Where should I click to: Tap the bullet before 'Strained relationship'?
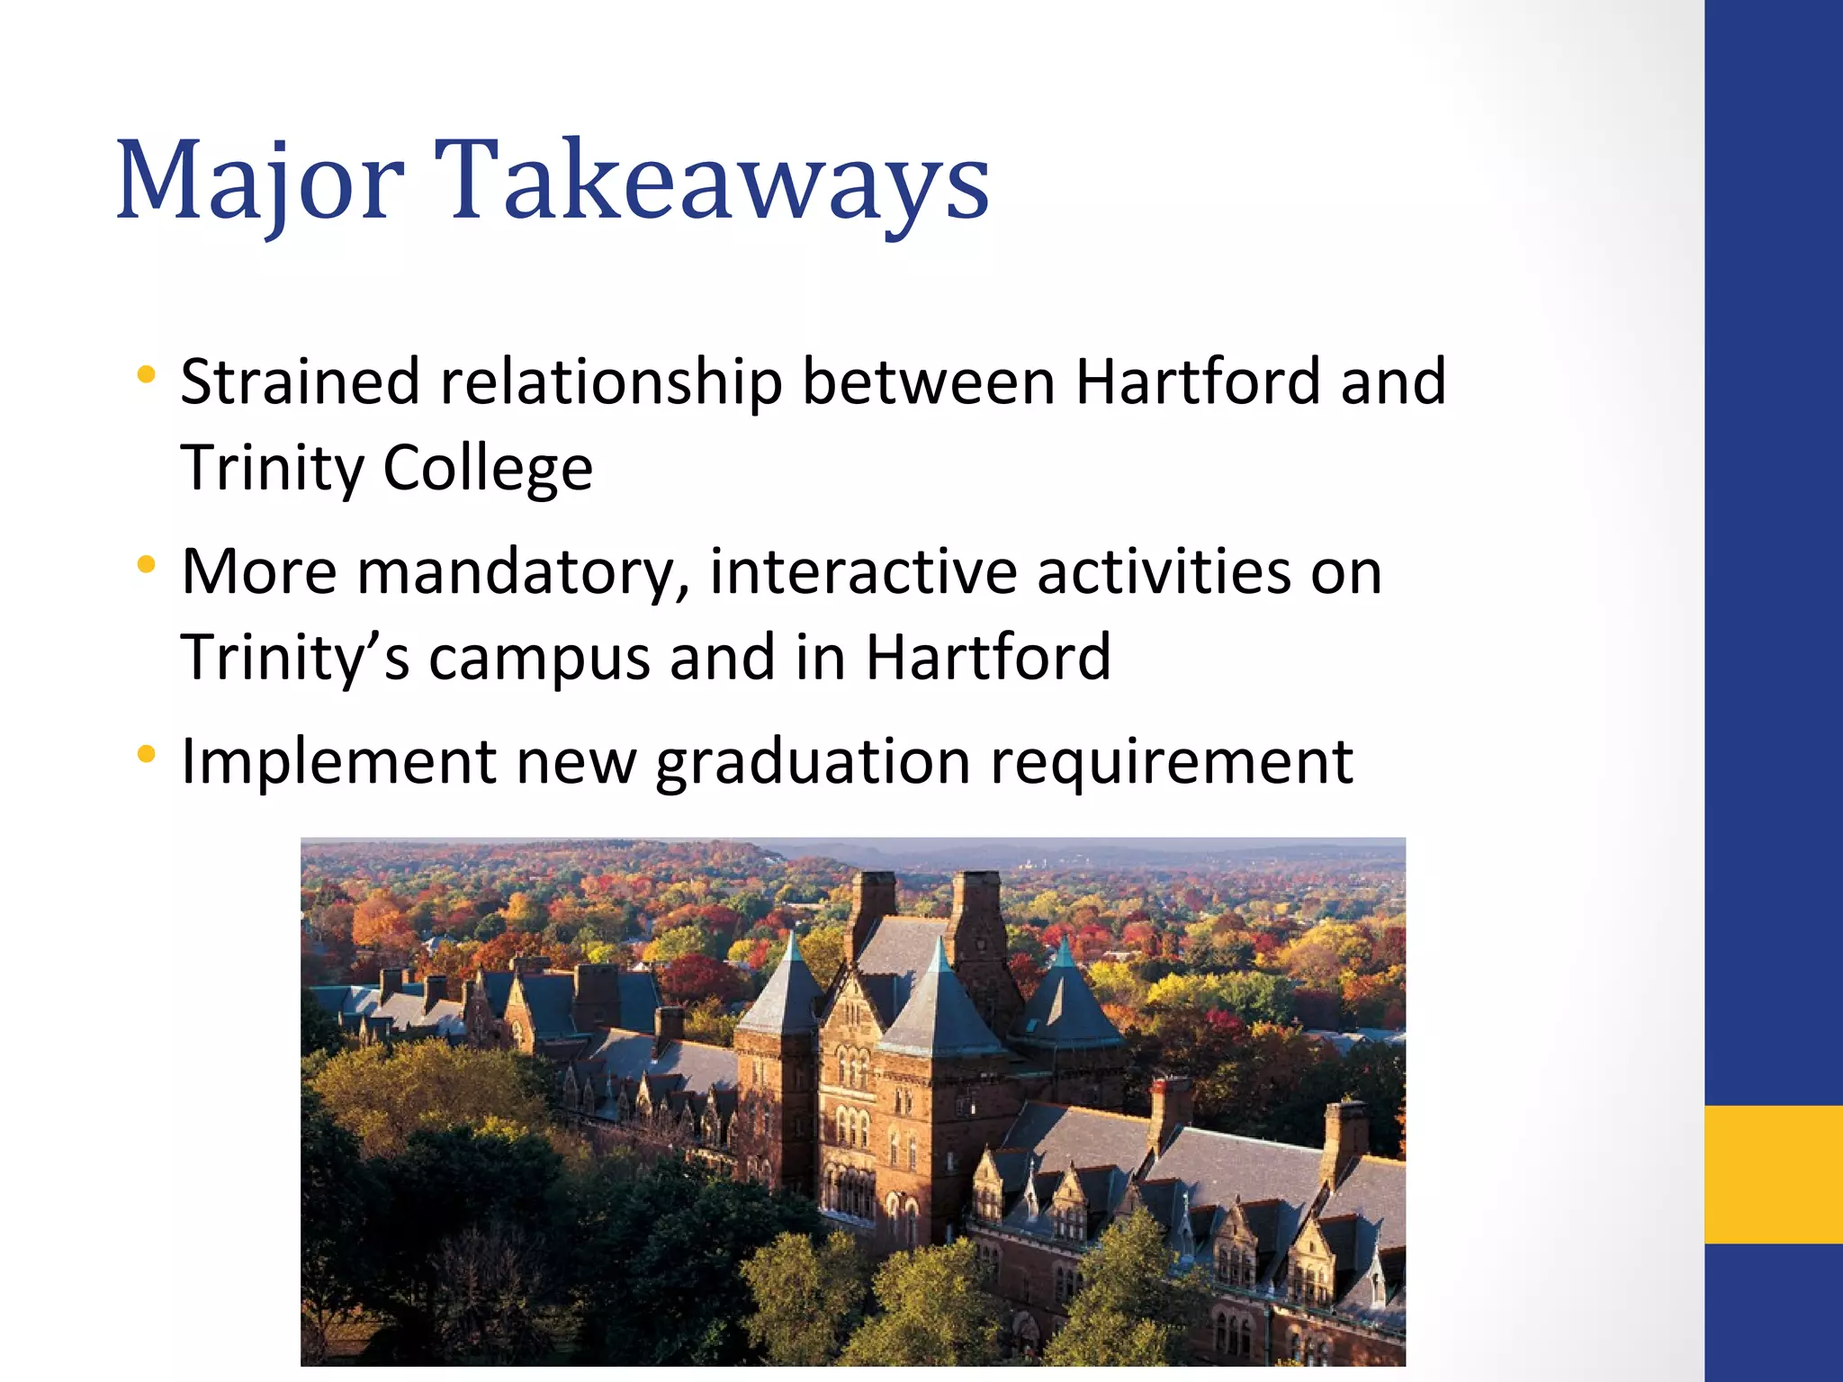(x=147, y=373)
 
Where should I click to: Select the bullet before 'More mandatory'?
(x=147, y=564)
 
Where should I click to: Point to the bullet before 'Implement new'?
(x=147, y=753)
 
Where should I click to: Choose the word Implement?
(x=338, y=762)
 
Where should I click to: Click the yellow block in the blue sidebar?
(x=1773, y=1174)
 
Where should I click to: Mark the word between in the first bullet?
(x=928, y=381)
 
